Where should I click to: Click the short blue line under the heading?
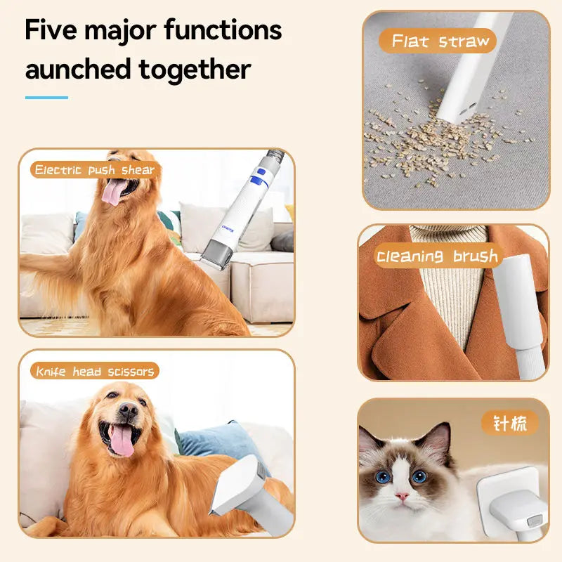46,98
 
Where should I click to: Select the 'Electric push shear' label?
94,169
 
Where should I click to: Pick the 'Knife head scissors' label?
94,371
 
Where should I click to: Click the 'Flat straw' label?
440,41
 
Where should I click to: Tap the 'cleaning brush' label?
436,256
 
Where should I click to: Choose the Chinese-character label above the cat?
510,424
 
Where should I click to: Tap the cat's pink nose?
401,496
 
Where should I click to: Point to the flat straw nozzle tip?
454,109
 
